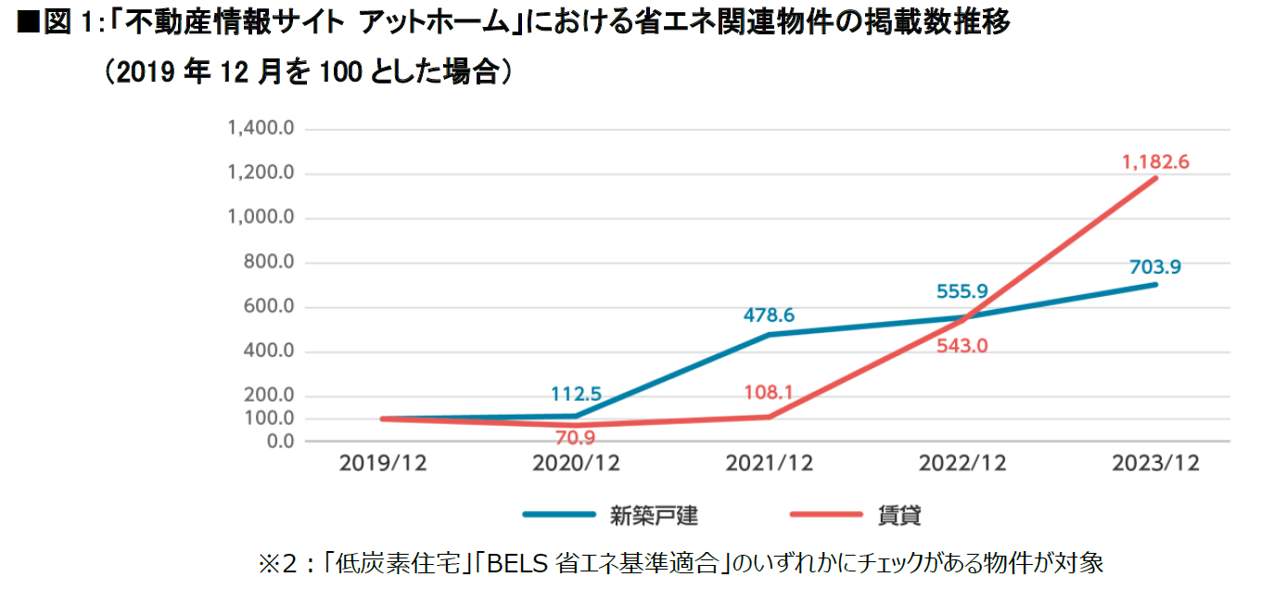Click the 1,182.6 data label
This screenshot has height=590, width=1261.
(x=1155, y=161)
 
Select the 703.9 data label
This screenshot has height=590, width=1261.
(x=1155, y=267)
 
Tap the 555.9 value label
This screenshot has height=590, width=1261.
(x=962, y=291)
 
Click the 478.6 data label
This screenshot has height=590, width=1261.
(x=769, y=315)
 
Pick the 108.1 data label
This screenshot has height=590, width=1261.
(x=769, y=392)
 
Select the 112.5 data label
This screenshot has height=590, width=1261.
(x=576, y=394)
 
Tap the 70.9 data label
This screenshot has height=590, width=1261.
(x=576, y=438)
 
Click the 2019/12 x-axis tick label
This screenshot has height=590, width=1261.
(x=383, y=464)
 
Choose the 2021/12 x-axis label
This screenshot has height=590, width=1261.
(x=769, y=464)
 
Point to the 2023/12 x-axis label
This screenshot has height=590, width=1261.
(x=1155, y=464)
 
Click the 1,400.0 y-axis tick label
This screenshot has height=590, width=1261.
(x=261, y=128)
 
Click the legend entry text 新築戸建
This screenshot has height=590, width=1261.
(x=660, y=515)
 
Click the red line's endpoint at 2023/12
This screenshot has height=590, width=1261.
(x=1155, y=177)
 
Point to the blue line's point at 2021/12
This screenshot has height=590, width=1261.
(x=770, y=334)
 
